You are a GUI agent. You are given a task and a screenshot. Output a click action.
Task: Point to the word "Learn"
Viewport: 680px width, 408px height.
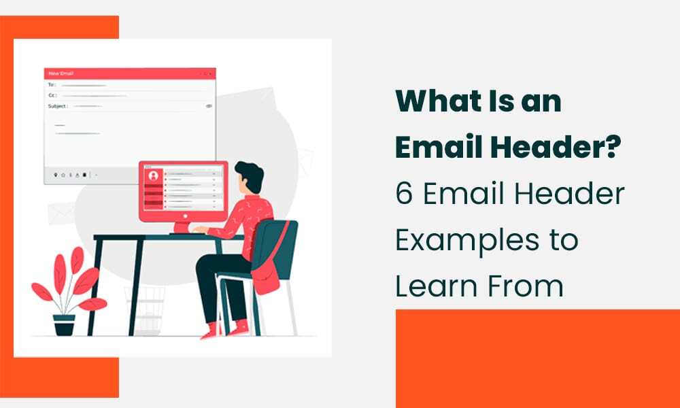[x=435, y=286]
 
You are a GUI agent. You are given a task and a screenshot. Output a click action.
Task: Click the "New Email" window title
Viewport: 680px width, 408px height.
[x=61, y=73]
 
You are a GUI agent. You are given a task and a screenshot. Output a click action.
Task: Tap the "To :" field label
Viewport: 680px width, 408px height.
[x=52, y=85]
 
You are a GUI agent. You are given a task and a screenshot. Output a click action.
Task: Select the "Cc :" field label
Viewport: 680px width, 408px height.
[x=52, y=96]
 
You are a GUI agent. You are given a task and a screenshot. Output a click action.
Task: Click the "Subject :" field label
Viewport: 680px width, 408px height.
[x=58, y=107]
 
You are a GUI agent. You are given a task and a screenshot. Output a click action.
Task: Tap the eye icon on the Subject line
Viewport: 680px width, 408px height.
[x=209, y=107]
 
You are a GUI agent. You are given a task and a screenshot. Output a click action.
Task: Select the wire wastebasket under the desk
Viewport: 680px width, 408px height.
[x=145, y=309]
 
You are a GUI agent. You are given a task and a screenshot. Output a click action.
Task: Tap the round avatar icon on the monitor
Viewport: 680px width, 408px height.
[x=153, y=175]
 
